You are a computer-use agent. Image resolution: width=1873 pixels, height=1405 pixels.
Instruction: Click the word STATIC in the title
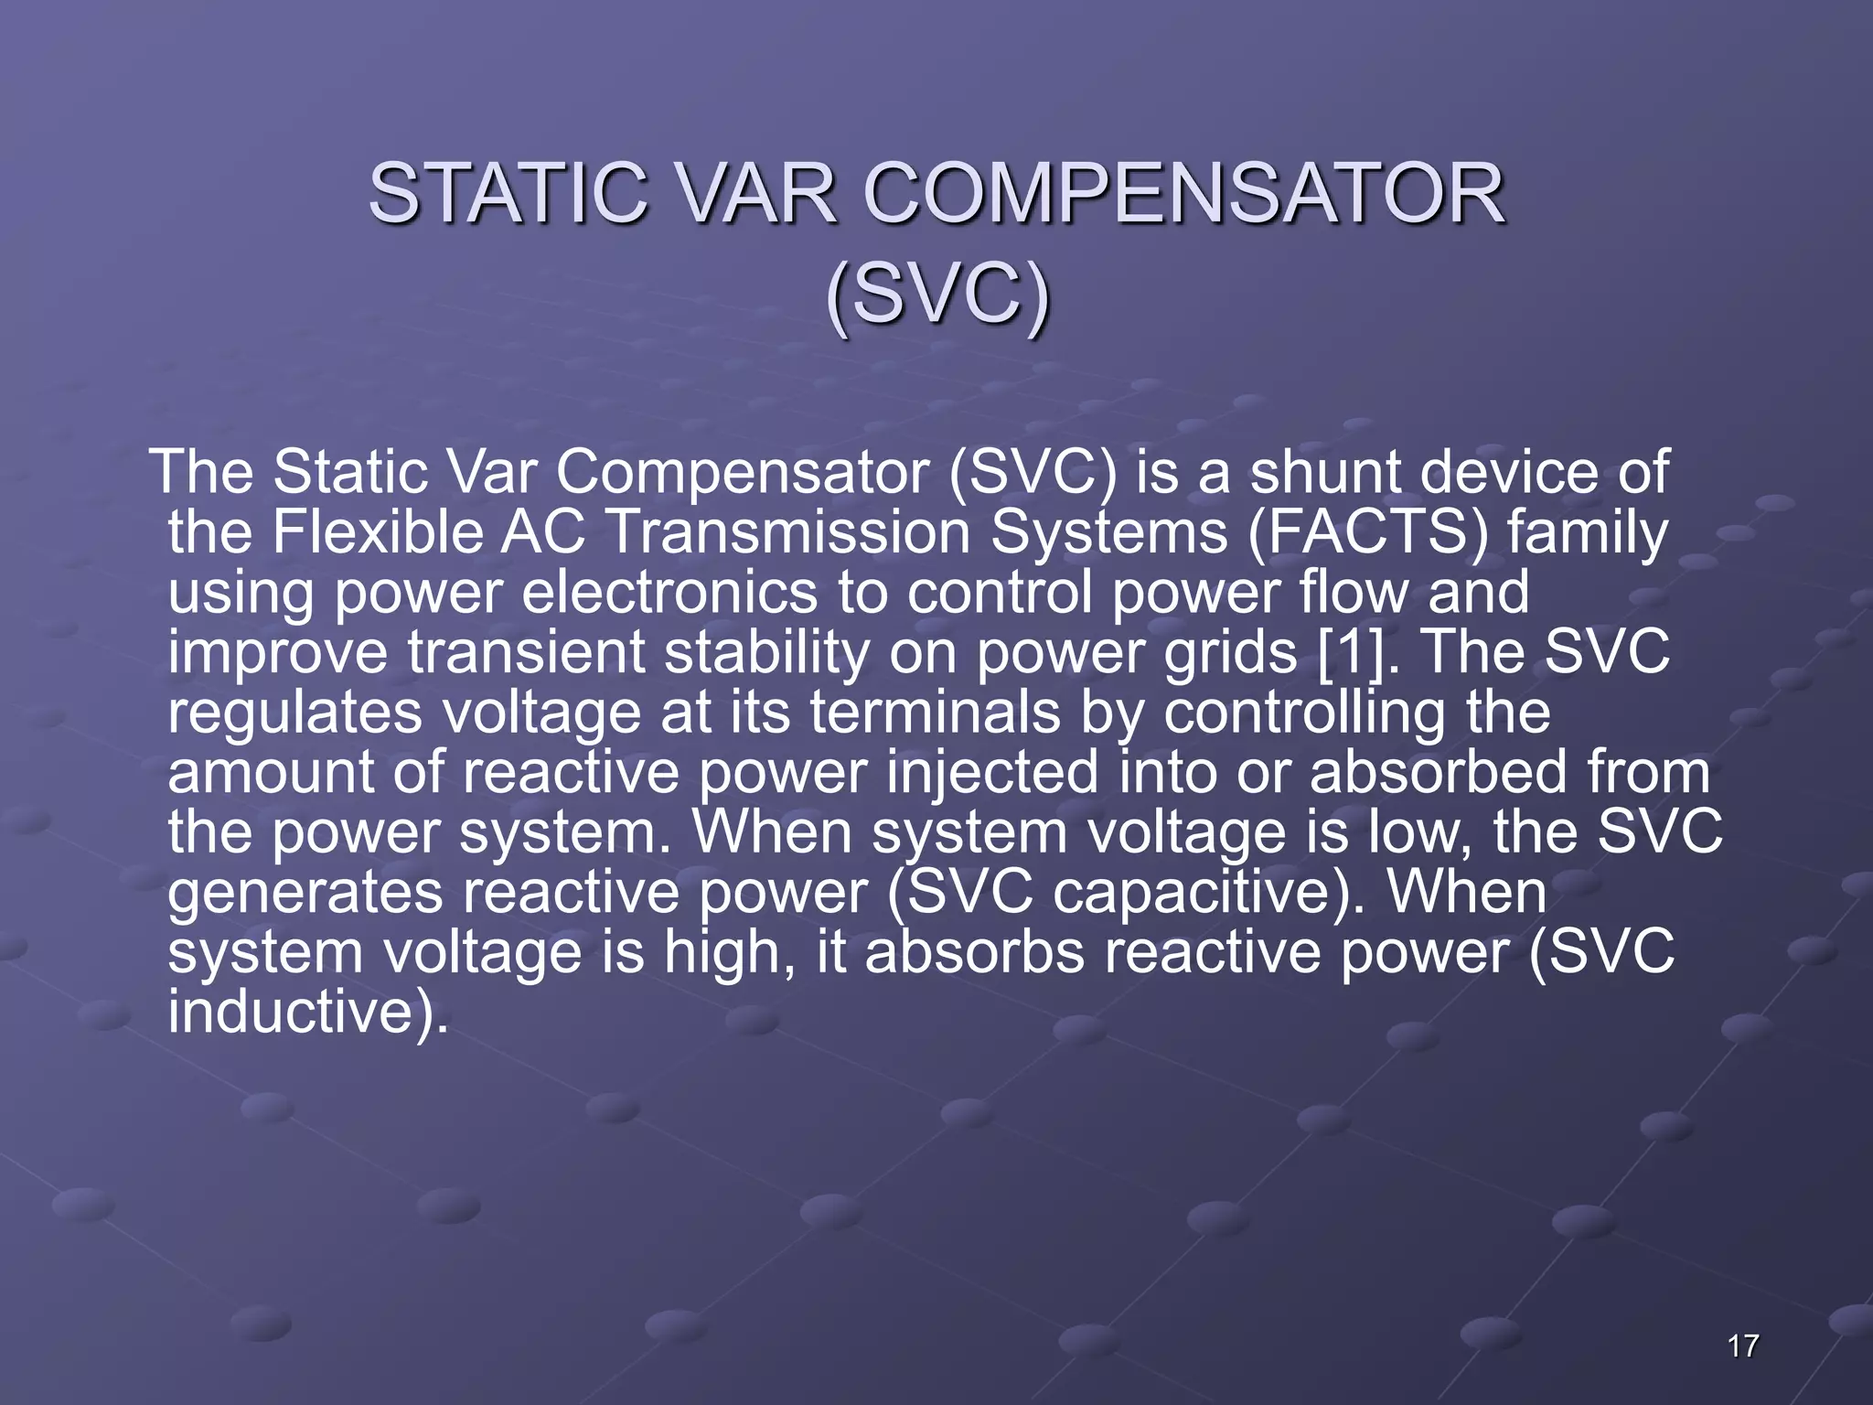tap(508, 194)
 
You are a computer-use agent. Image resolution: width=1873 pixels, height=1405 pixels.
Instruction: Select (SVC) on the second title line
tap(937, 295)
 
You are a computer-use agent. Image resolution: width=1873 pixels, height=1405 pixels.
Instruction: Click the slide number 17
tap(1743, 1346)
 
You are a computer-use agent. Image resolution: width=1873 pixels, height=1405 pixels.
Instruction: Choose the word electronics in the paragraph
tap(669, 592)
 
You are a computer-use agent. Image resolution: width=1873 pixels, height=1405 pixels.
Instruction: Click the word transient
tap(526, 651)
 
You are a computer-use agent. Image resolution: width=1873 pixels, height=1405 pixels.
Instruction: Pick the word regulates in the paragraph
tap(294, 713)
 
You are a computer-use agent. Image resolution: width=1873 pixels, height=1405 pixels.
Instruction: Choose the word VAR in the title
tap(758, 194)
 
